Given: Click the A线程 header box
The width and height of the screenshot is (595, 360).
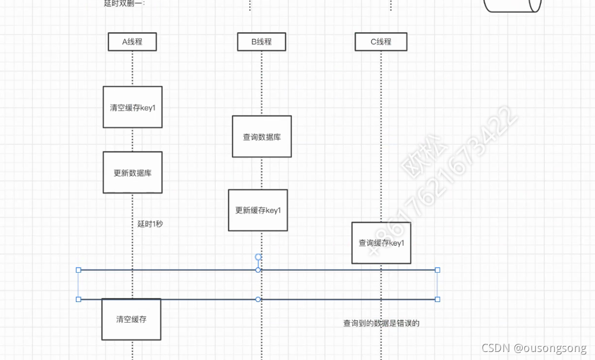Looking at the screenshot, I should (x=132, y=42).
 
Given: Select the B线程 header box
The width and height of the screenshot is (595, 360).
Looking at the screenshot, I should (x=261, y=42).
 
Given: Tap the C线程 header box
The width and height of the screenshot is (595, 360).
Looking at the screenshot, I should (x=381, y=42).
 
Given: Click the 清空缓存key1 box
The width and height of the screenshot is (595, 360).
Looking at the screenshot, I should (x=133, y=107).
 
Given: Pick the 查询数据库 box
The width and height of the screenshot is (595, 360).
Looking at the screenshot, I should (x=262, y=137).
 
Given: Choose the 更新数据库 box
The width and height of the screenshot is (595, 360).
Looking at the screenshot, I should (x=133, y=173).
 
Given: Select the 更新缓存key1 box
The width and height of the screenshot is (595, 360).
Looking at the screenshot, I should (x=258, y=210).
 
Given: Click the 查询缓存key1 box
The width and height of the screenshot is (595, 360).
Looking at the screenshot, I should (x=381, y=243).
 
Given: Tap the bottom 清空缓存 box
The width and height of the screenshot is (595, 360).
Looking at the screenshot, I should (x=131, y=319).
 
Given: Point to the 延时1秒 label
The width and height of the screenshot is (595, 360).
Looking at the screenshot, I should (x=150, y=224).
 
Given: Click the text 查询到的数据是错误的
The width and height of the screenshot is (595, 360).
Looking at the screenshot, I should (x=381, y=323).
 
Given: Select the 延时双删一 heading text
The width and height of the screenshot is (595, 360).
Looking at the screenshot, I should (x=125, y=3).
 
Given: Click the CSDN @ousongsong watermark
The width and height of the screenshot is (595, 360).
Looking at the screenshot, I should (x=534, y=348).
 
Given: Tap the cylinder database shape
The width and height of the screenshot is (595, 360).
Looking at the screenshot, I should (x=512, y=5).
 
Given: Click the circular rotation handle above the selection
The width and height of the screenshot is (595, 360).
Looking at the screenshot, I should (x=258, y=257).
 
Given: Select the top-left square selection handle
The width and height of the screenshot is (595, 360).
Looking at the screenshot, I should (x=79, y=270).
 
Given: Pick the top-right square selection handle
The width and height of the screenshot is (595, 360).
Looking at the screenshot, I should (x=438, y=270).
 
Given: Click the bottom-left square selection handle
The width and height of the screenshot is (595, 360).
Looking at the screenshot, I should (x=79, y=299).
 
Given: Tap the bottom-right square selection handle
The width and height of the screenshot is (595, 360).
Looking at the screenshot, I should (x=438, y=299).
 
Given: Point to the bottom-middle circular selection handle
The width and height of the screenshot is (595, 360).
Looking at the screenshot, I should (x=258, y=299).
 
